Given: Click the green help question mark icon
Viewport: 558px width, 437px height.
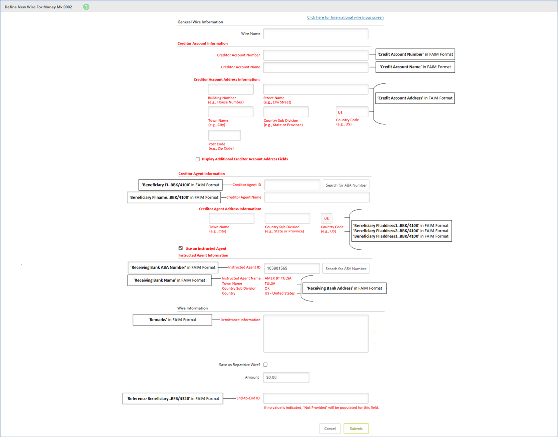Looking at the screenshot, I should pos(86,7).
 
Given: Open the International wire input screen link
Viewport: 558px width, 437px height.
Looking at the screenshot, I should pos(345,17).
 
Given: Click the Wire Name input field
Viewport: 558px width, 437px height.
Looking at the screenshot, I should pos(316,34).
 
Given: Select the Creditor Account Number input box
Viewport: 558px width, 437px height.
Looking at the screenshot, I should pos(316,55).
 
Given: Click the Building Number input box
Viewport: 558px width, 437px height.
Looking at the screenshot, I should pos(231,89).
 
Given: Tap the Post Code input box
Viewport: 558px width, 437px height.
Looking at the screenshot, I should pos(224,135).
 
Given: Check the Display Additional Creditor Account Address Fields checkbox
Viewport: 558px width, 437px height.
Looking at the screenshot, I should pos(198,159).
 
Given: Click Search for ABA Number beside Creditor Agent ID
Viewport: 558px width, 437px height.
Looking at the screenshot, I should pos(346,185).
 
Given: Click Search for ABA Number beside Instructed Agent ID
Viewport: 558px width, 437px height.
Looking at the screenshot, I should pos(346,269).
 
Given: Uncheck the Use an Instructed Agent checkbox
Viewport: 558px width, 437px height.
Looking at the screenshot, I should pos(181,248).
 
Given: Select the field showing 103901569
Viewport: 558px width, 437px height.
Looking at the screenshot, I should pos(291,268).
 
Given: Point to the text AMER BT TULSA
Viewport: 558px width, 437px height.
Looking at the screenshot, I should pos(278,278).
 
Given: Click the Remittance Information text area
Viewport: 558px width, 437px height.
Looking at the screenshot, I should pos(316,334).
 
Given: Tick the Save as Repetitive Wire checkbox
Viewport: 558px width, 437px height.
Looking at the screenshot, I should pos(265,365).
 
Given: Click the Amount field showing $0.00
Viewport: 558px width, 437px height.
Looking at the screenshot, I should pos(286,377).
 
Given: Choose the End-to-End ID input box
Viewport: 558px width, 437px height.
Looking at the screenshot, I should pos(316,398).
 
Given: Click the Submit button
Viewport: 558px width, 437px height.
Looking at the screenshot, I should pos(356,429).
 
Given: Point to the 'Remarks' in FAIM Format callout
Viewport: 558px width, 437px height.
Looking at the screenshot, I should pos(172,320).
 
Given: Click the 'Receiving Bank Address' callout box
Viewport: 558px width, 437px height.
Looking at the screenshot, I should pos(344,288).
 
